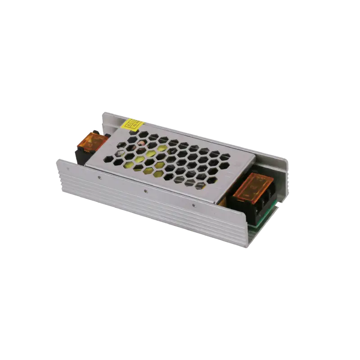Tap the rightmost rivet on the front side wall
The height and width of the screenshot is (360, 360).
(193, 206)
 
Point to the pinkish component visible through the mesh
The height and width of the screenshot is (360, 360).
(141, 147)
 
